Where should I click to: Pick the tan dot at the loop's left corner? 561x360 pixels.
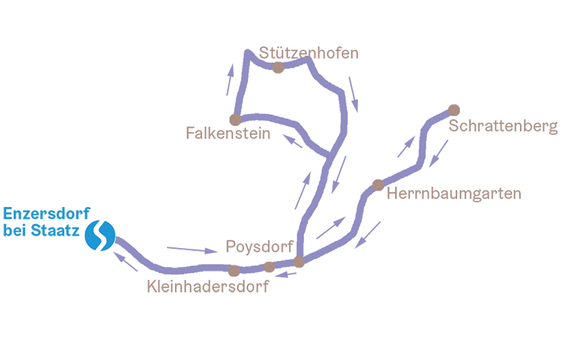[235, 117]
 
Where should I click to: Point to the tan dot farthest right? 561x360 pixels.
[452, 109]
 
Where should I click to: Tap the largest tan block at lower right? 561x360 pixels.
[478, 232]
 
